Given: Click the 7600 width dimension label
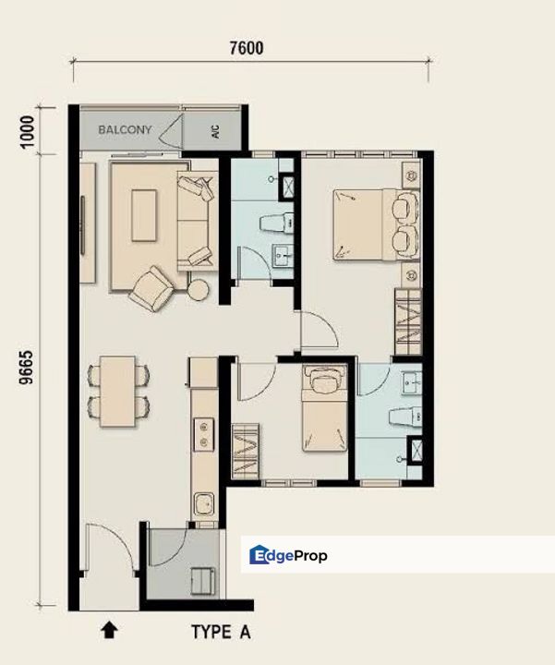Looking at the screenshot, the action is click(247, 48).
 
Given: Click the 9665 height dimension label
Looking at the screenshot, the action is click(26, 368).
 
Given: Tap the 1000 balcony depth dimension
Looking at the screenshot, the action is click(27, 131).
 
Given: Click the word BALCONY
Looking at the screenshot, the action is click(125, 129).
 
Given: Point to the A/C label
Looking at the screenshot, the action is click(215, 131).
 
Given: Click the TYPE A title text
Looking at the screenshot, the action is click(221, 632).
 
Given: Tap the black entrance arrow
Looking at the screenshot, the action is click(109, 629).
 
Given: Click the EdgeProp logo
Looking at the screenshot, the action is click(288, 555).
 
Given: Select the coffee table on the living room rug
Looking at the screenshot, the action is click(144, 215).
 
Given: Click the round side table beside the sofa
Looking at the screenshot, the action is click(198, 290).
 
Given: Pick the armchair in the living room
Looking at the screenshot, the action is click(151, 289).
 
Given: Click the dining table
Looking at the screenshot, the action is click(118, 392).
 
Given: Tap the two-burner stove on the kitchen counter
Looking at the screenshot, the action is click(204, 434).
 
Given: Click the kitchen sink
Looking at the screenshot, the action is click(204, 504).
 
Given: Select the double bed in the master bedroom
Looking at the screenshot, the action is click(377, 224).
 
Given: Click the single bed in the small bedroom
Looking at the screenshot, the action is click(325, 408).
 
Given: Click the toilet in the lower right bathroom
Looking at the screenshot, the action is click(405, 417).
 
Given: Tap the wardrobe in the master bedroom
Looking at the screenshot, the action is click(408, 322).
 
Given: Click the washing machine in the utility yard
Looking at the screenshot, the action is click(202, 581).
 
